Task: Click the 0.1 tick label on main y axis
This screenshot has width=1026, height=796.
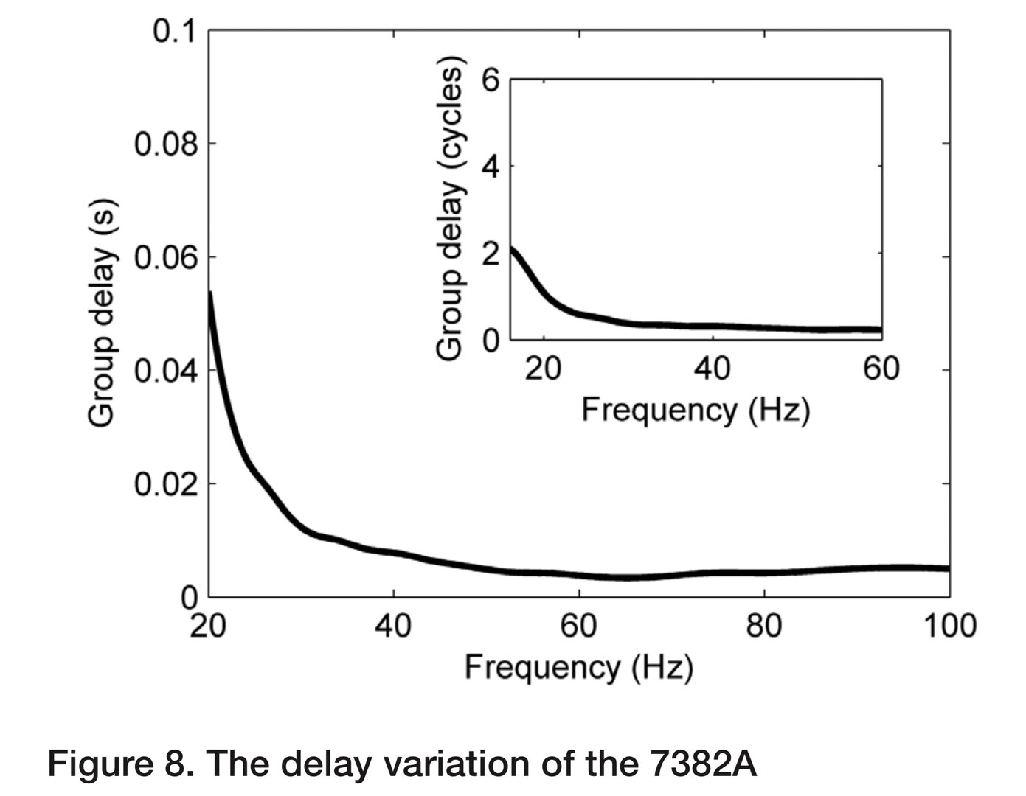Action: [173, 32]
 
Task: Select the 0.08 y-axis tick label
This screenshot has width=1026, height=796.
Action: [166, 144]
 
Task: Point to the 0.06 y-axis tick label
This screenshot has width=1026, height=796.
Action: [166, 258]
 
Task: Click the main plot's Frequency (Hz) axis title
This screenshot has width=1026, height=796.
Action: [578, 668]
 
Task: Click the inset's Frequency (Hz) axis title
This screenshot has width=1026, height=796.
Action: [696, 410]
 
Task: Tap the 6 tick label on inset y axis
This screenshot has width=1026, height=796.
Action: [491, 80]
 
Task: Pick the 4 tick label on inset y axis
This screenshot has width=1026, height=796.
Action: [491, 167]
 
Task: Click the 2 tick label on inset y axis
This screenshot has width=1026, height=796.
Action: [491, 254]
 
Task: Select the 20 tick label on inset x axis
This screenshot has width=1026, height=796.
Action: [544, 368]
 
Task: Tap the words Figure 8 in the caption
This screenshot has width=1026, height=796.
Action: [121, 764]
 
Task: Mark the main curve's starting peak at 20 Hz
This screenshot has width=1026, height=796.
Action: [210, 293]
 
